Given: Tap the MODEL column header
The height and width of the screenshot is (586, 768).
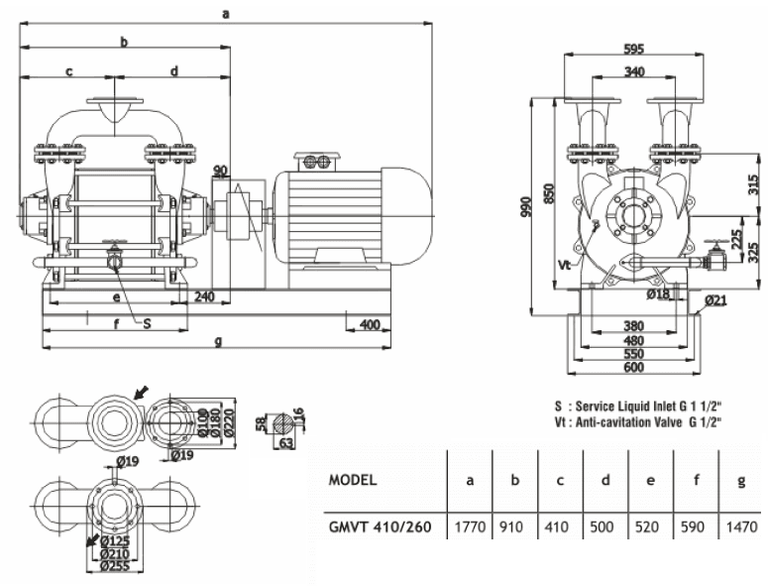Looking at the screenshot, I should point(352,481).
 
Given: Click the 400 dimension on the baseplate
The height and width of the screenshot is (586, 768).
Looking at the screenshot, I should point(370,325).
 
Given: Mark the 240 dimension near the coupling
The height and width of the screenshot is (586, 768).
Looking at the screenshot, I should point(205,294).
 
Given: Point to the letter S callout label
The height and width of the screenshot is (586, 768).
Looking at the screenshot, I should point(148,323).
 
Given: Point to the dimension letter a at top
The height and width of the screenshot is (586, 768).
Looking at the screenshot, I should point(227,14).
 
